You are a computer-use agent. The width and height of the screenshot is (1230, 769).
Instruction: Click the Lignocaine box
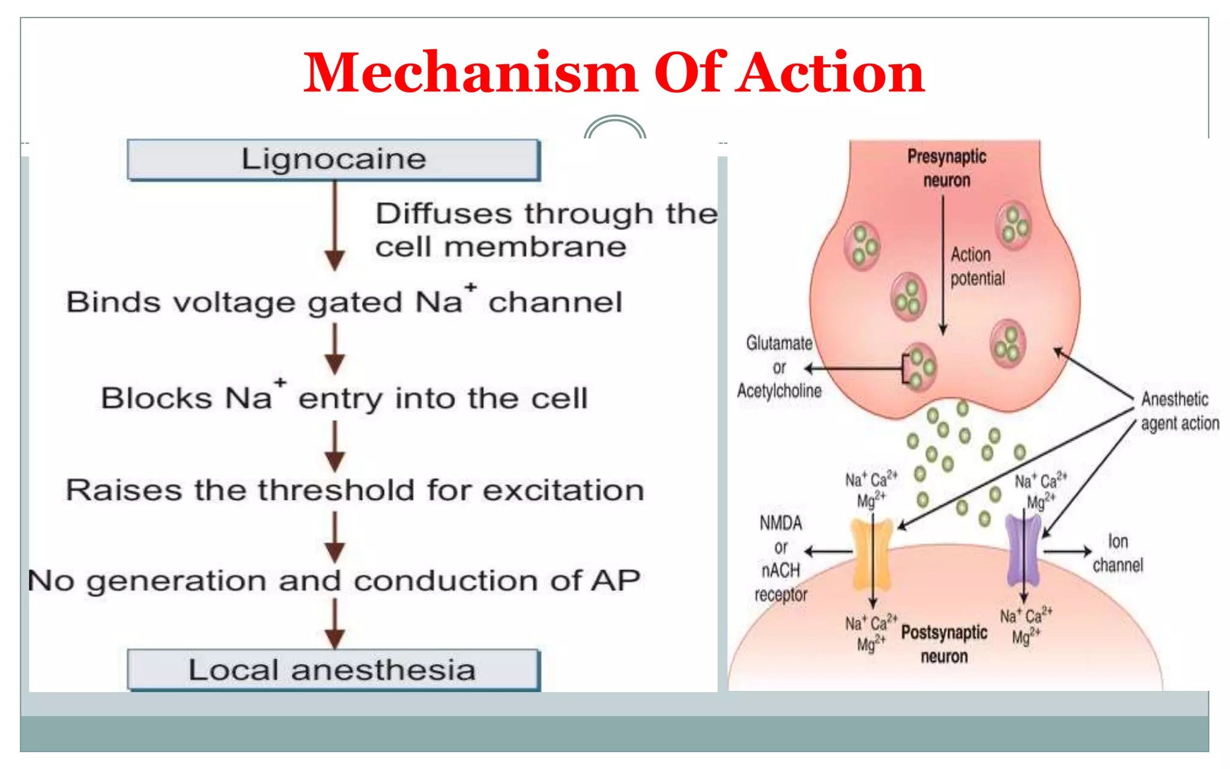[334, 160]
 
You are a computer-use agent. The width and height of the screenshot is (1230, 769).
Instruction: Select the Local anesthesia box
[334, 670]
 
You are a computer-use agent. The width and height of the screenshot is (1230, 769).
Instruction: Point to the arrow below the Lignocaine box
[335, 225]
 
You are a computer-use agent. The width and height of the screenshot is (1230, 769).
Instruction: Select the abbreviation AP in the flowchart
[616, 581]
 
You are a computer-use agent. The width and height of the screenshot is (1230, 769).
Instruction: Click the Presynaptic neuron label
[947, 168]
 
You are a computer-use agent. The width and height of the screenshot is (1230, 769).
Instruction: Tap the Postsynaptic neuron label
[944, 644]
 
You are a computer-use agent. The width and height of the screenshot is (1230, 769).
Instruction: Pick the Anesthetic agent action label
[1179, 411]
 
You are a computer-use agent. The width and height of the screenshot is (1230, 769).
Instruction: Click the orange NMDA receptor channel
[872, 555]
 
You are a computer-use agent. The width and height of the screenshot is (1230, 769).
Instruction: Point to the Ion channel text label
[1118, 553]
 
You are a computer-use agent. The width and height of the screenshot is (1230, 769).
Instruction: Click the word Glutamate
[779, 343]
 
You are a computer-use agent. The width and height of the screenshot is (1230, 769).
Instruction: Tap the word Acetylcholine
[779, 391]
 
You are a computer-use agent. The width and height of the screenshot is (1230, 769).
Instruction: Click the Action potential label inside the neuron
[977, 267]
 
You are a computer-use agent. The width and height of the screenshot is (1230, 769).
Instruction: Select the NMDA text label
[780, 523]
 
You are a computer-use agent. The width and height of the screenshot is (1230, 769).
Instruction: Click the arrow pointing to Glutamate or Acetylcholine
[853, 368]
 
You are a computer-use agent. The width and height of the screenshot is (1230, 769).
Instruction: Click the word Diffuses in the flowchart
[443, 214]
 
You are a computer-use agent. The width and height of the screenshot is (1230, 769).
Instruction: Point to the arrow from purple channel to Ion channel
[1067, 551]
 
